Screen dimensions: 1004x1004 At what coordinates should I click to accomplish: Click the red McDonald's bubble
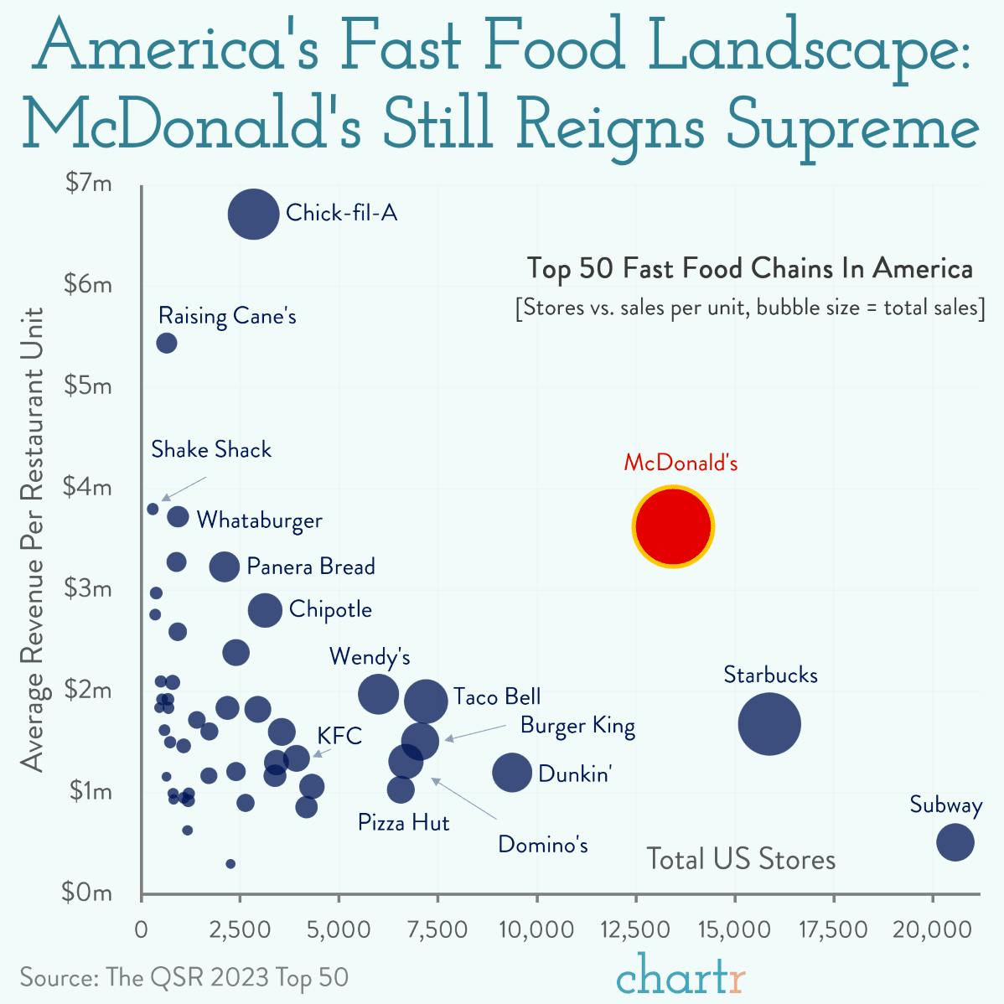click(x=673, y=526)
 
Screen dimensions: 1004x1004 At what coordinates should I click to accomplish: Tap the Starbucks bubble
click(x=769, y=724)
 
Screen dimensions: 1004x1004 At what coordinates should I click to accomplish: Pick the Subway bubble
click(x=955, y=841)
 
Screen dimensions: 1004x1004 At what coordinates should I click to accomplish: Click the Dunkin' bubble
click(x=511, y=772)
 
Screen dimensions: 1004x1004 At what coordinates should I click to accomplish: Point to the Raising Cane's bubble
click(x=167, y=343)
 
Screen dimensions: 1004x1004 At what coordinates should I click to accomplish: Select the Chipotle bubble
click(x=265, y=610)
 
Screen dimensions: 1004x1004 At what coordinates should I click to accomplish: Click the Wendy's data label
click(x=370, y=656)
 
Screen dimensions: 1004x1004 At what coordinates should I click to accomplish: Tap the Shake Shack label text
click(x=211, y=450)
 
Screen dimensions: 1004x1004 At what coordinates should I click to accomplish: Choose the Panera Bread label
click(x=310, y=567)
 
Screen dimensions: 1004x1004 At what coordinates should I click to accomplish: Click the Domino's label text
click(x=542, y=845)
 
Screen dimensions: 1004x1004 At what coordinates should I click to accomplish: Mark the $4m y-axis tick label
click(x=90, y=487)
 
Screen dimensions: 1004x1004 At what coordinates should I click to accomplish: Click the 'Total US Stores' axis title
click(x=741, y=859)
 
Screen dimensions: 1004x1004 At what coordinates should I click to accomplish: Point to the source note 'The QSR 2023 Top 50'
click(x=184, y=978)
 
